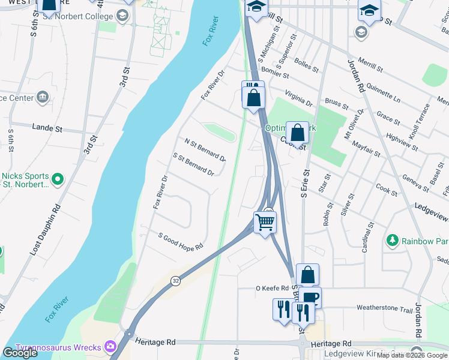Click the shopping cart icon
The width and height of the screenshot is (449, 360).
click(x=265, y=222)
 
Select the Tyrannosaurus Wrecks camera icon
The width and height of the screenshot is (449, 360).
click(x=110, y=346)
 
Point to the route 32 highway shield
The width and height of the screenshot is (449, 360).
click(x=175, y=280)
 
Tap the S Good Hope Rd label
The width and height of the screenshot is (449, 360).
click(x=181, y=241)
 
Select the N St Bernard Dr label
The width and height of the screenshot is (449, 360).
click(x=205, y=149)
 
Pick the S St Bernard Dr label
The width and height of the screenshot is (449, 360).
click(x=193, y=164)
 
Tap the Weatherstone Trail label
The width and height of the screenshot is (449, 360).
click(x=385, y=308)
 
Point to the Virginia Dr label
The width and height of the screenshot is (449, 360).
click(x=299, y=98)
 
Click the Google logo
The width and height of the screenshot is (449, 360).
click(x=20, y=352)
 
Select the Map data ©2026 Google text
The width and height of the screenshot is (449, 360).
click(x=412, y=355)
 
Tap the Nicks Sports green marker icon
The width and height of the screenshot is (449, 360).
click(x=58, y=179)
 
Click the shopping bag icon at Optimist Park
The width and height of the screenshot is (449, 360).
click(x=297, y=132)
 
